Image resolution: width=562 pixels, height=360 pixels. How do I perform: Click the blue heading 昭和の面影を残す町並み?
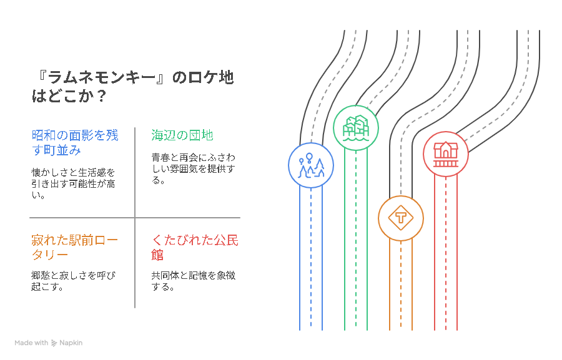(x=75, y=142)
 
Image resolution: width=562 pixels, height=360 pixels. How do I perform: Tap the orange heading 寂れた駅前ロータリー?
(x=75, y=247)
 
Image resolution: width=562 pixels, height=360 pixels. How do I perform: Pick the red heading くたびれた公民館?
(x=194, y=247)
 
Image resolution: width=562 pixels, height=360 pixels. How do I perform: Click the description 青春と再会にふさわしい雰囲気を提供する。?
(x=193, y=168)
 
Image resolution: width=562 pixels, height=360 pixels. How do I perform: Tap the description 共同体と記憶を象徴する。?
(x=193, y=281)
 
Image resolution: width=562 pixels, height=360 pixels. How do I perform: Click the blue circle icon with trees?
(x=311, y=167)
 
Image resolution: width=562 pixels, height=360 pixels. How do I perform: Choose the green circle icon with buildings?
(x=355, y=128)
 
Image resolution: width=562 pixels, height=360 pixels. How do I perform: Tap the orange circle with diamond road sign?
(x=401, y=218)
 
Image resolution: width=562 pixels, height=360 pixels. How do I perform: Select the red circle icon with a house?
(x=446, y=153)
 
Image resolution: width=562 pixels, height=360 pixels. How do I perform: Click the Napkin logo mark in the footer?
(x=54, y=343)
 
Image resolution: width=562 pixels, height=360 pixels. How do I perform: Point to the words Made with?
(x=31, y=343)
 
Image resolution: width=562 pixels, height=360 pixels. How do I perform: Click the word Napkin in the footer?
(x=71, y=343)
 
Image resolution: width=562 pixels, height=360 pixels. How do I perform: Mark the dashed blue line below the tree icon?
(x=311, y=262)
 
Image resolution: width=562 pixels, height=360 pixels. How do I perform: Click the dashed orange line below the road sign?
(x=401, y=287)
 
